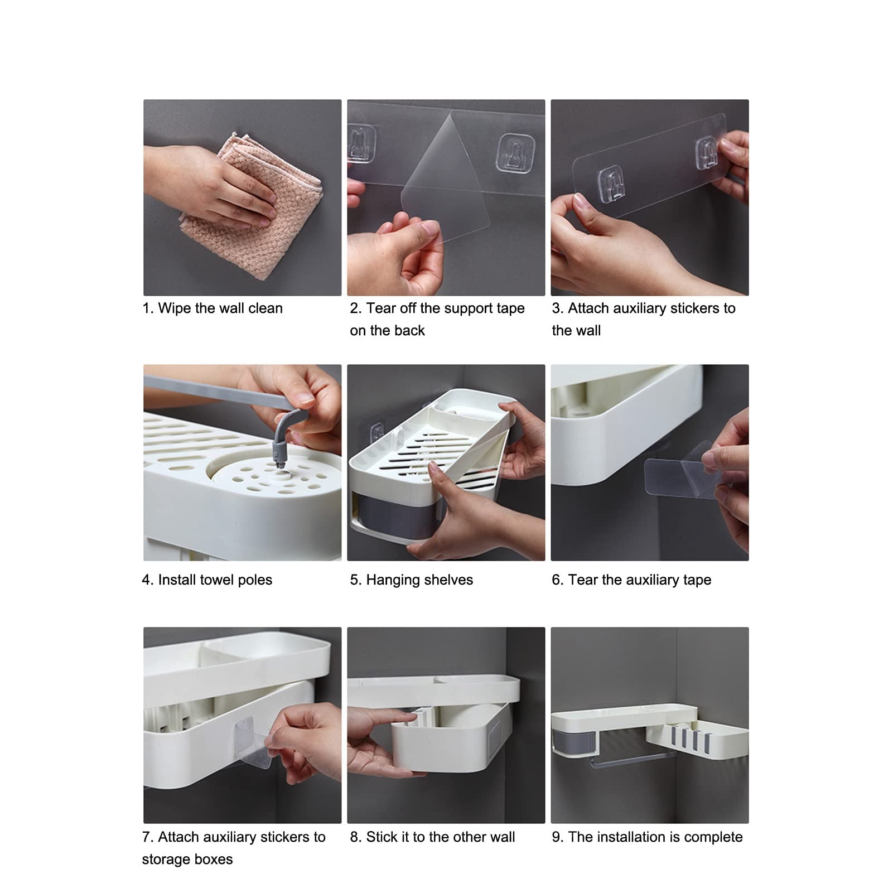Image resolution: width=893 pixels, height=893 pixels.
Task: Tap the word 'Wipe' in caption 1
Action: (x=175, y=308)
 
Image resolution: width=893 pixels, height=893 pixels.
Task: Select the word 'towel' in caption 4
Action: (x=215, y=580)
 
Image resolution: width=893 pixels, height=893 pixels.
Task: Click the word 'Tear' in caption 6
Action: (x=583, y=580)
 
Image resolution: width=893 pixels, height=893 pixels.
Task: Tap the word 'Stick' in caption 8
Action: (x=383, y=837)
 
